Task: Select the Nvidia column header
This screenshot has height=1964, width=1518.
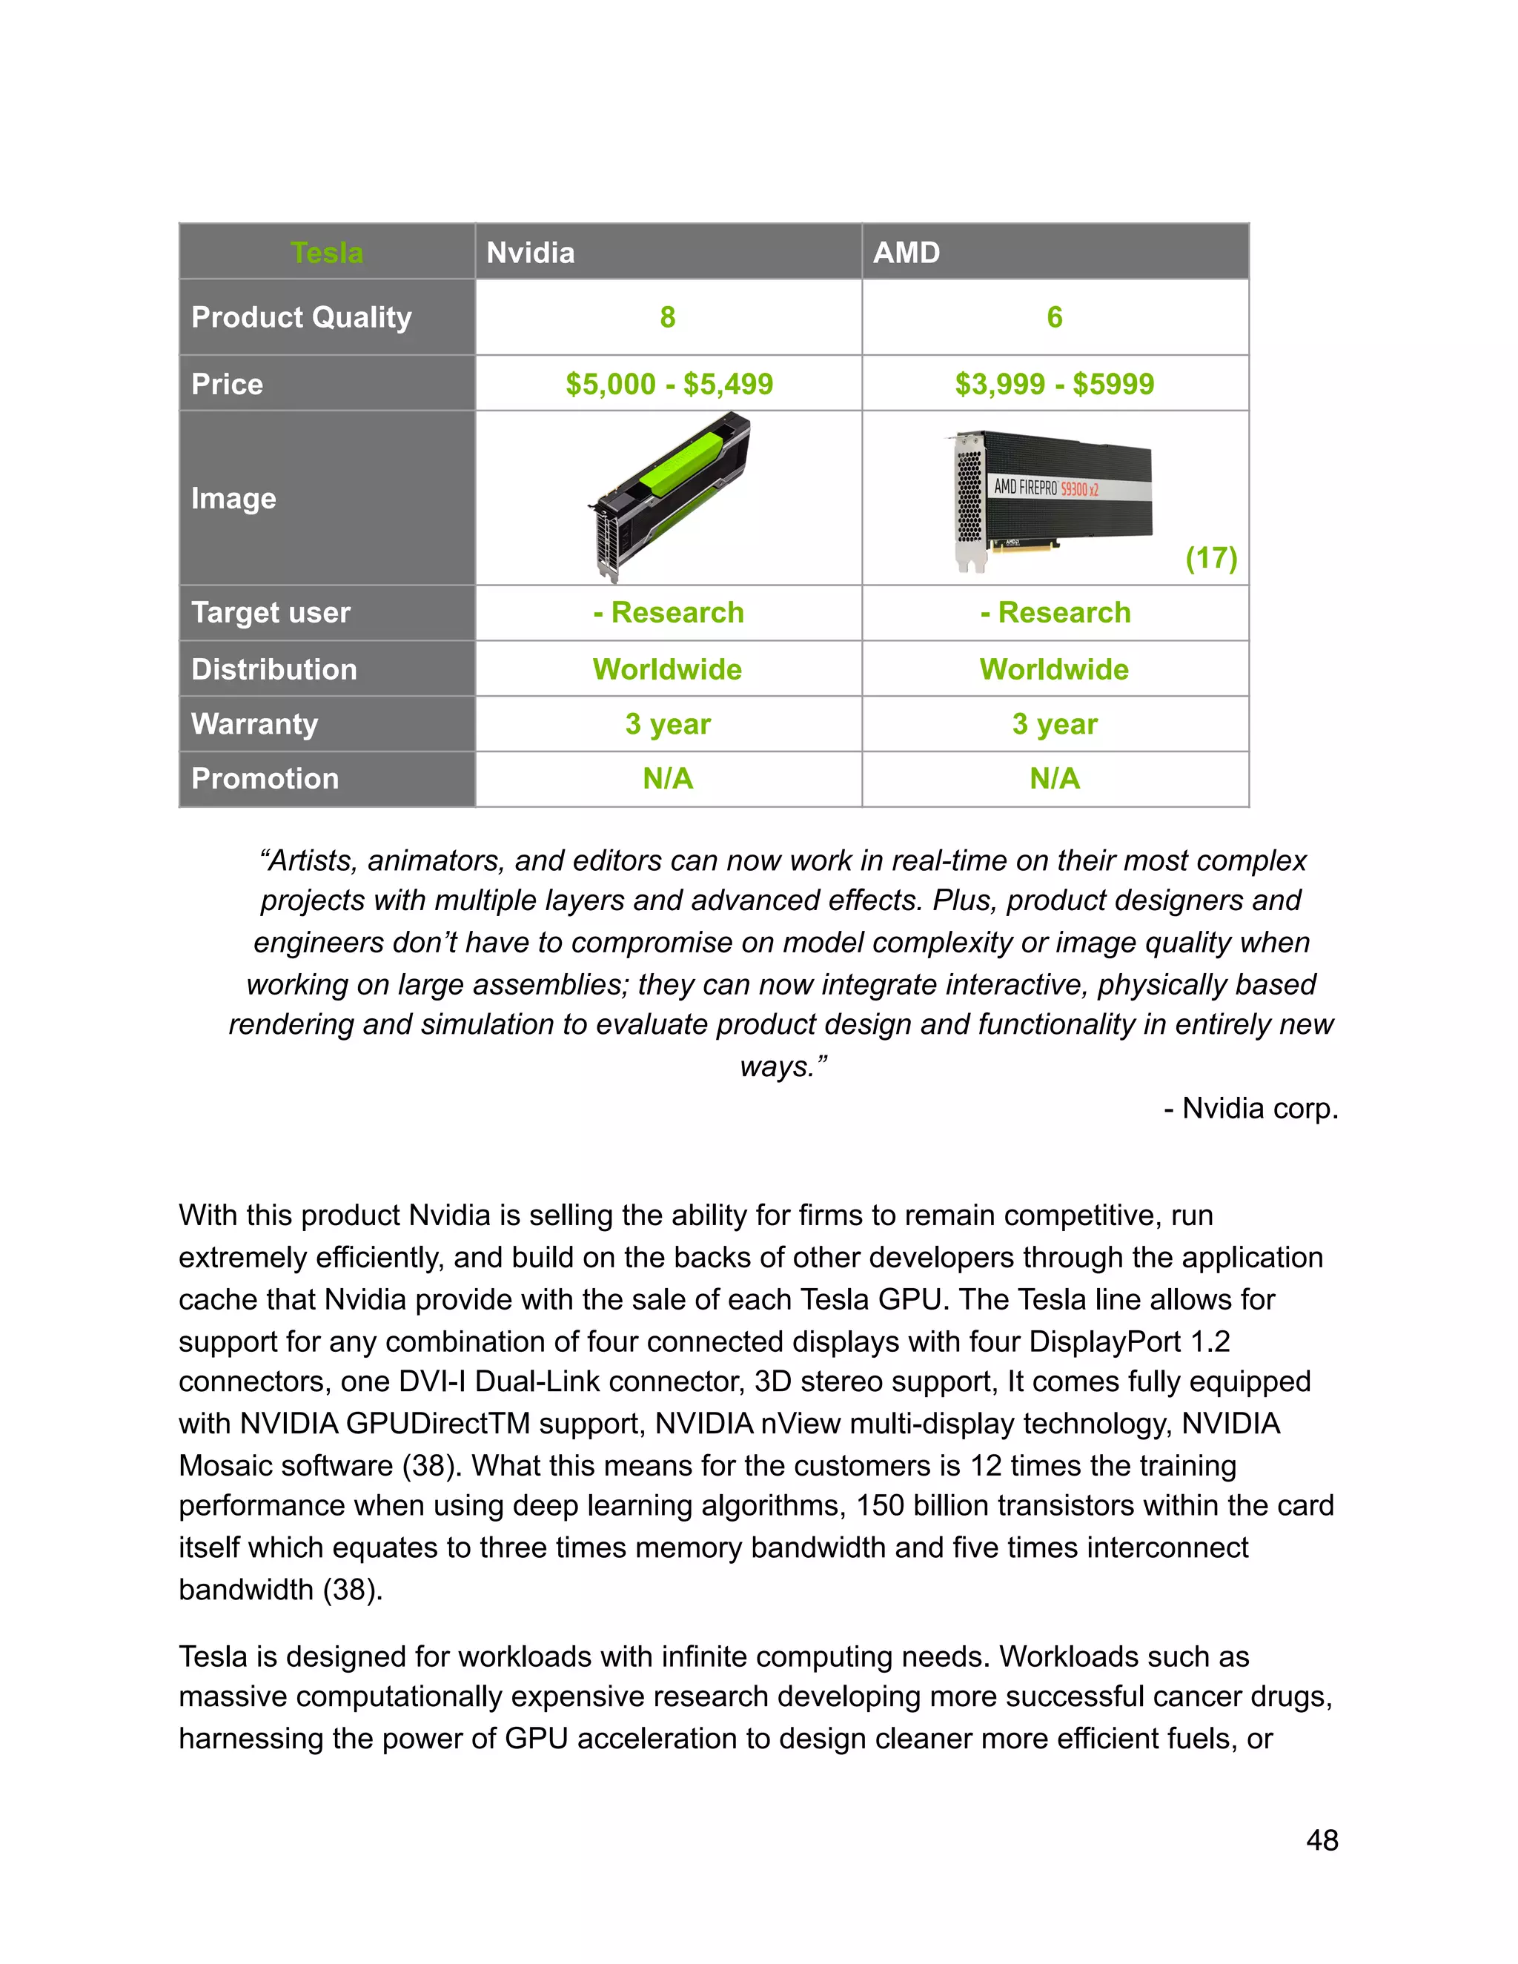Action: pyautogui.click(x=531, y=253)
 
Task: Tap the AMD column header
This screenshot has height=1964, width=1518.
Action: pyautogui.click(x=907, y=253)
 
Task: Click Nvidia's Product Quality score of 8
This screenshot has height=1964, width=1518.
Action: pyautogui.click(x=667, y=317)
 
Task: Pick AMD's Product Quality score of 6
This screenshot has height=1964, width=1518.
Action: pyautogui.click(x=1054, y=317)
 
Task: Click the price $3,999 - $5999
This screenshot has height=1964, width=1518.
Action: pyautogui.click(x=1054, y=384)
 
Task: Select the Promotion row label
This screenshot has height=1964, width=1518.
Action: pyautogui.click(x=265, y=779)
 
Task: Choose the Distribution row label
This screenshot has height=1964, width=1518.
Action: pyautogui.click(x=274, y=669)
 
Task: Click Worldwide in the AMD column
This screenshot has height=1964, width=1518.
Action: pyautogui.click(x=1054, y=669)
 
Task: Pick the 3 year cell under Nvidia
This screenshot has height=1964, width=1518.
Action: pyautogui.click(x=667, y=724)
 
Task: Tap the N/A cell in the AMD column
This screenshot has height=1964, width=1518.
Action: pyautogui.click(x=1054, y=779)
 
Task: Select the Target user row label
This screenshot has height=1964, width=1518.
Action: pyautogui.click(x=271, y=612)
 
